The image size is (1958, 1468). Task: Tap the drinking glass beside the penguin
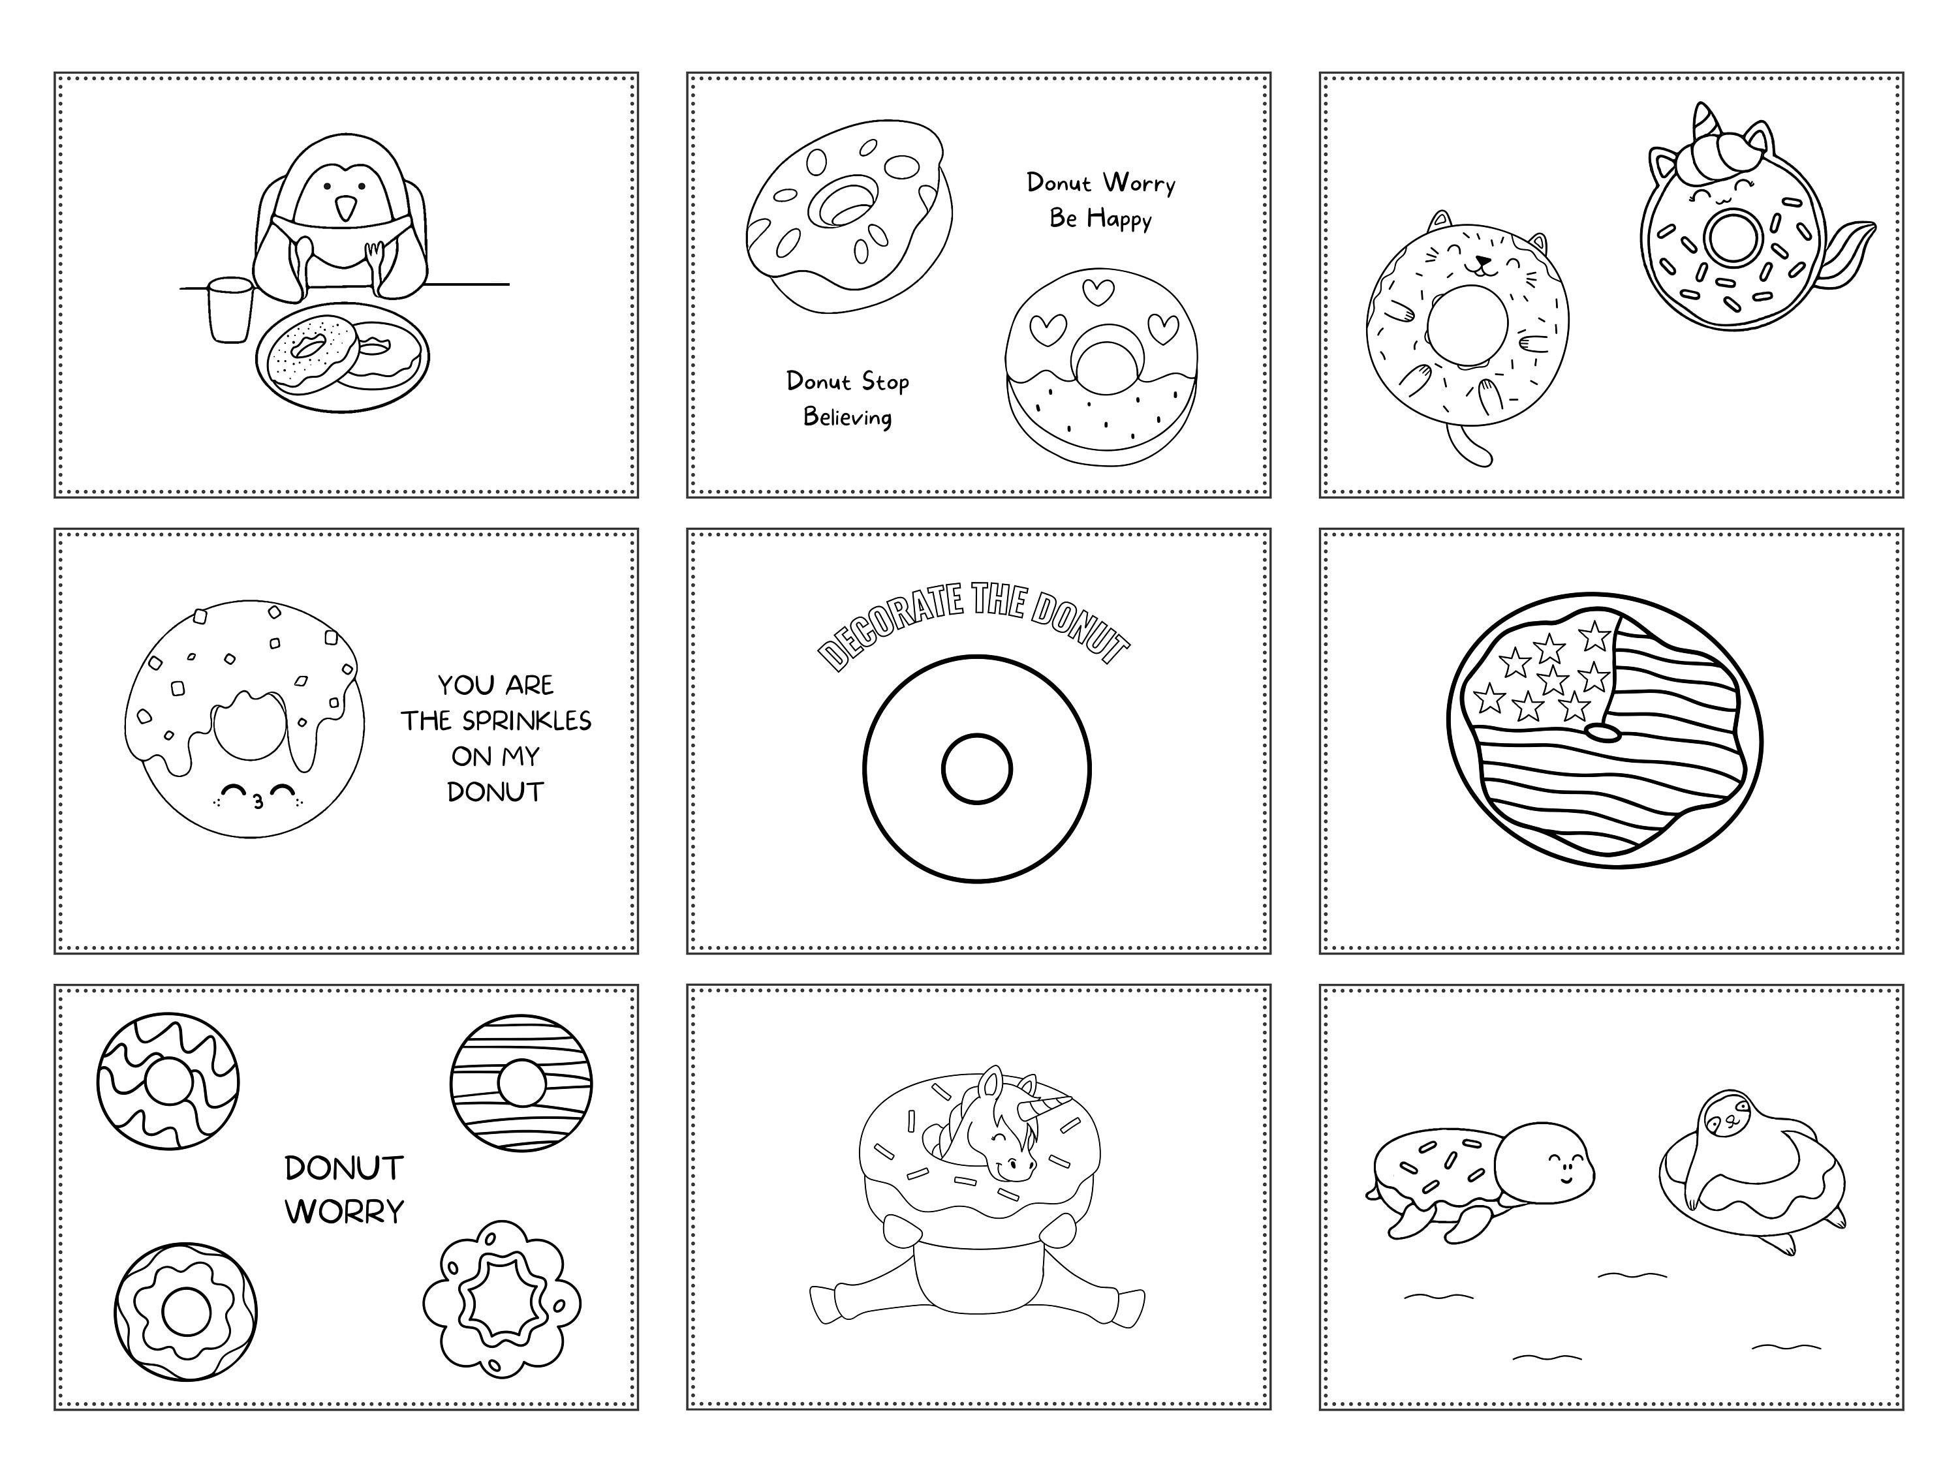tap(230, 310)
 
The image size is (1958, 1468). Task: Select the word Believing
tap(847, 417)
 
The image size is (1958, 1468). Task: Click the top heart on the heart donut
tap(1098, 290)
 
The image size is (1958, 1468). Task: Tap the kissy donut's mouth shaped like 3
tap(258, 803)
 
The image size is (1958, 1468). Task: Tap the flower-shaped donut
tap(502, 1299)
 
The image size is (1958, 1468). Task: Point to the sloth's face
tap(1722, 1118)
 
